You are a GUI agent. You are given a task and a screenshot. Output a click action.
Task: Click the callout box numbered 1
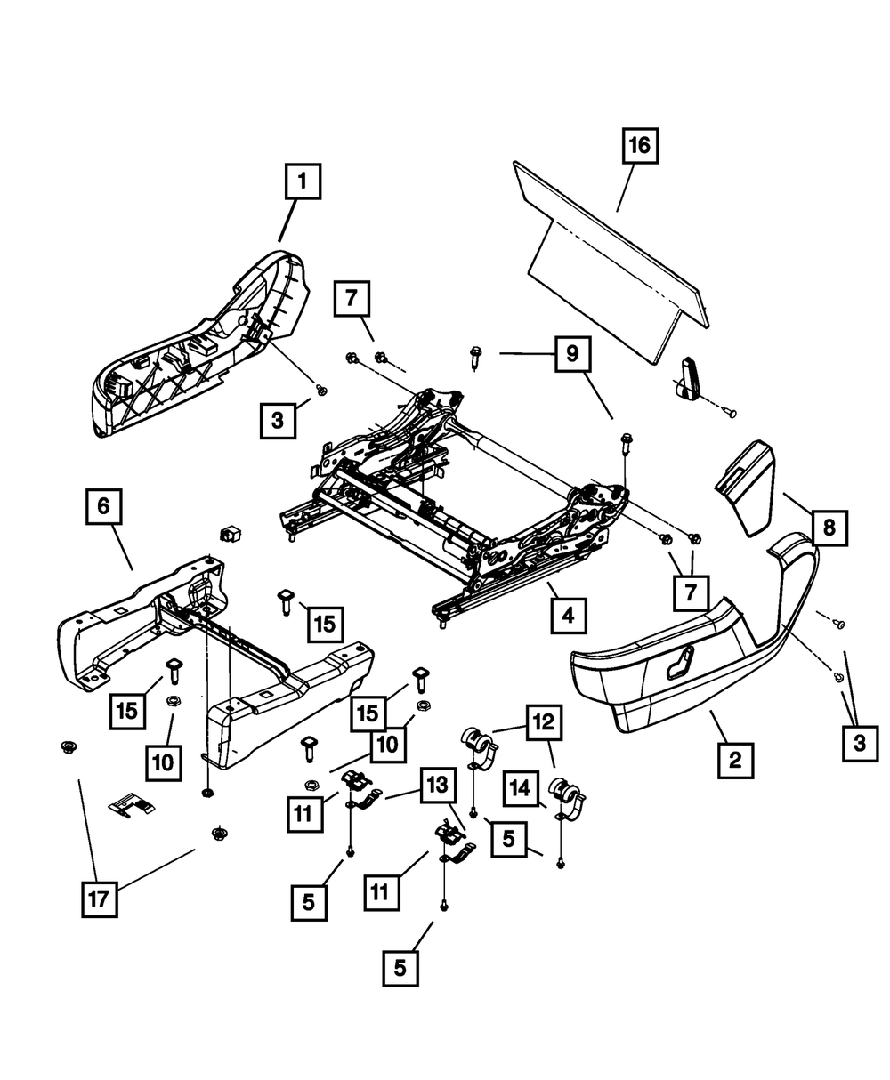point(302,183)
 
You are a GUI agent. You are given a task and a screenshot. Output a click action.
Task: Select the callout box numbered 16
point(639,145)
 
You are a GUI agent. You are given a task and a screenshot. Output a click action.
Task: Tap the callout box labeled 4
point(567,614)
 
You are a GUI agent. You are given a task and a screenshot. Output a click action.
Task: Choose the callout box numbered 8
point(829,528)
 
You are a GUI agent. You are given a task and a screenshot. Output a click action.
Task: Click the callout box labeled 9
point(571,353)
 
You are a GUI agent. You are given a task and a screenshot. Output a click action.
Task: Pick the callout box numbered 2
point(735,761)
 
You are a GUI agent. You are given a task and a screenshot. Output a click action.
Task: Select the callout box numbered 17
point(98,899)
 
